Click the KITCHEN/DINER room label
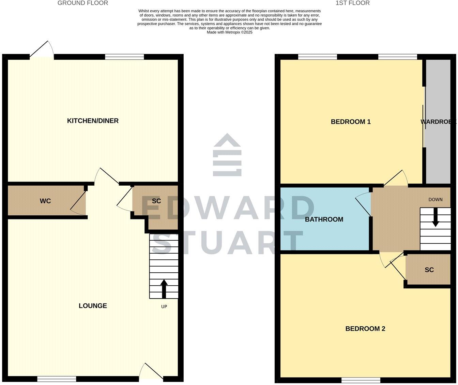[93, 121]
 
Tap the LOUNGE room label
[93, 306]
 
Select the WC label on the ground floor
[45, 201]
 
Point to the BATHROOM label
[324, 219]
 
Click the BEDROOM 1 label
[351, 122]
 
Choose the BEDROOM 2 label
[365, 329]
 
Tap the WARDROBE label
[438, 122]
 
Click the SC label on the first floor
[429, 270]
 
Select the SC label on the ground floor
[156, 201]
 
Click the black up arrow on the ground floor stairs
[164, 289]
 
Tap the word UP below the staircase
[164, 306]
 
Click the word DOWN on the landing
[435, 199]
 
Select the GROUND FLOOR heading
[83, 3]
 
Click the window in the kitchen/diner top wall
[124, 57]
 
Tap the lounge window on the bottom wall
[57, 379]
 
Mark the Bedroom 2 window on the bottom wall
[361, 380]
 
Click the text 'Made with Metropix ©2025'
[229, 32]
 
